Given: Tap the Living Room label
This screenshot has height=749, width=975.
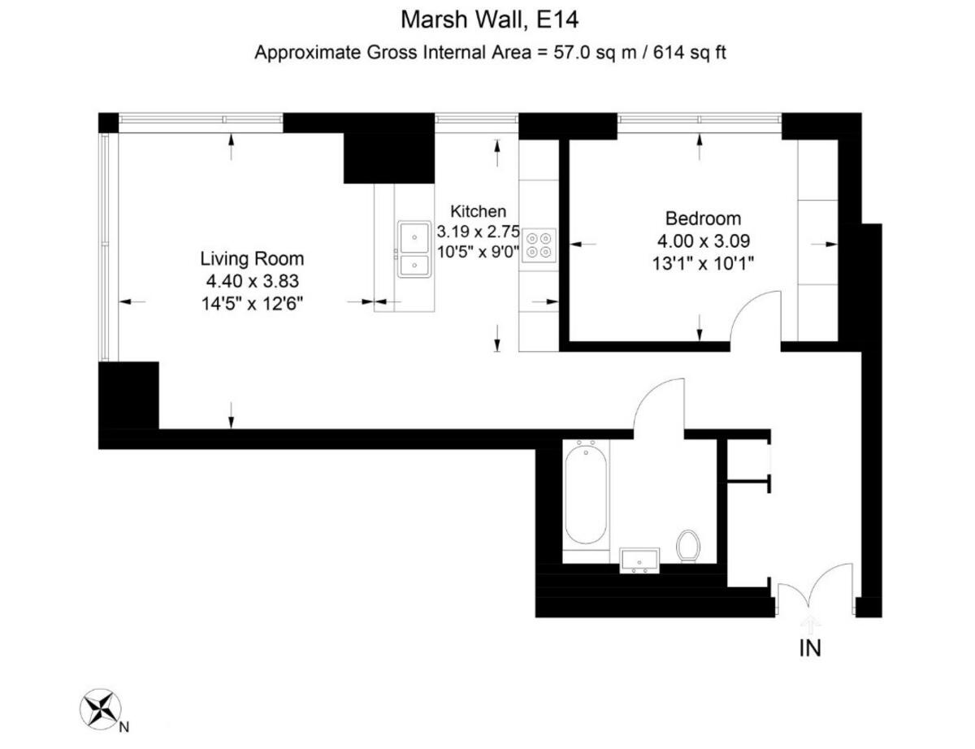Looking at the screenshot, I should click(252, 259).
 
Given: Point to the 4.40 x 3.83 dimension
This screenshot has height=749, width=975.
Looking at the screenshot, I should click(252, 281).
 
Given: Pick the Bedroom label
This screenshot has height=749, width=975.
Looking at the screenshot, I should click(703, 219).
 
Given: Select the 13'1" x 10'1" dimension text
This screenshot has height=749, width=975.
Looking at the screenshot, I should click(703, 262).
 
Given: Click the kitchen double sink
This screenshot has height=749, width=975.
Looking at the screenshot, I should click(414, 249).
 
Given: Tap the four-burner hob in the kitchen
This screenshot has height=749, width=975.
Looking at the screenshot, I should click(539, 245).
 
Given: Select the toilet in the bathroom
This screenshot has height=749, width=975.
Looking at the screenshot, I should click(688, 544).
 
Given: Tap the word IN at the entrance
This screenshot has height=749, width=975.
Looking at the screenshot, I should click(811, 648).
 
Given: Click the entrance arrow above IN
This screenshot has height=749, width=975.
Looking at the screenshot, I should click(811, 624).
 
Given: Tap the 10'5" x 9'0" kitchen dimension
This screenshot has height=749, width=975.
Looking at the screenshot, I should click(477, 252).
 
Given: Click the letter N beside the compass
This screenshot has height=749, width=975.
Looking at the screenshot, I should click(123, 726).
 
